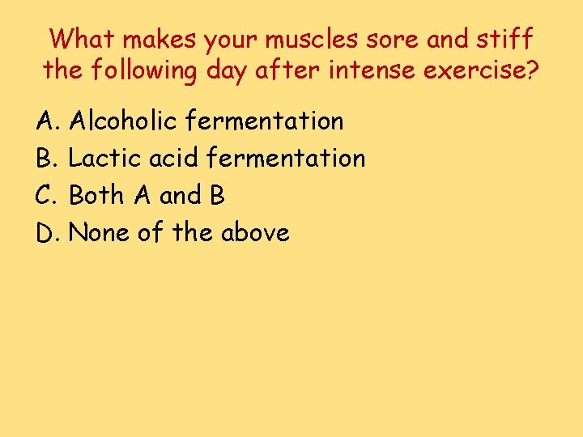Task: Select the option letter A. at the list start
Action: click(x=48, y=121)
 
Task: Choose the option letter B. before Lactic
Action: click(x=48, y=158)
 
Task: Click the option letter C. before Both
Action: click(x=48, y=195)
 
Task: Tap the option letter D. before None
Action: click(x=49, y=233)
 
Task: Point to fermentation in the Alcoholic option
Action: click(x=265, y=121)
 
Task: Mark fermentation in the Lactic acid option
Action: click(x=286, y=158)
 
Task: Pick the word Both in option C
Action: click(x=96, y=195)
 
